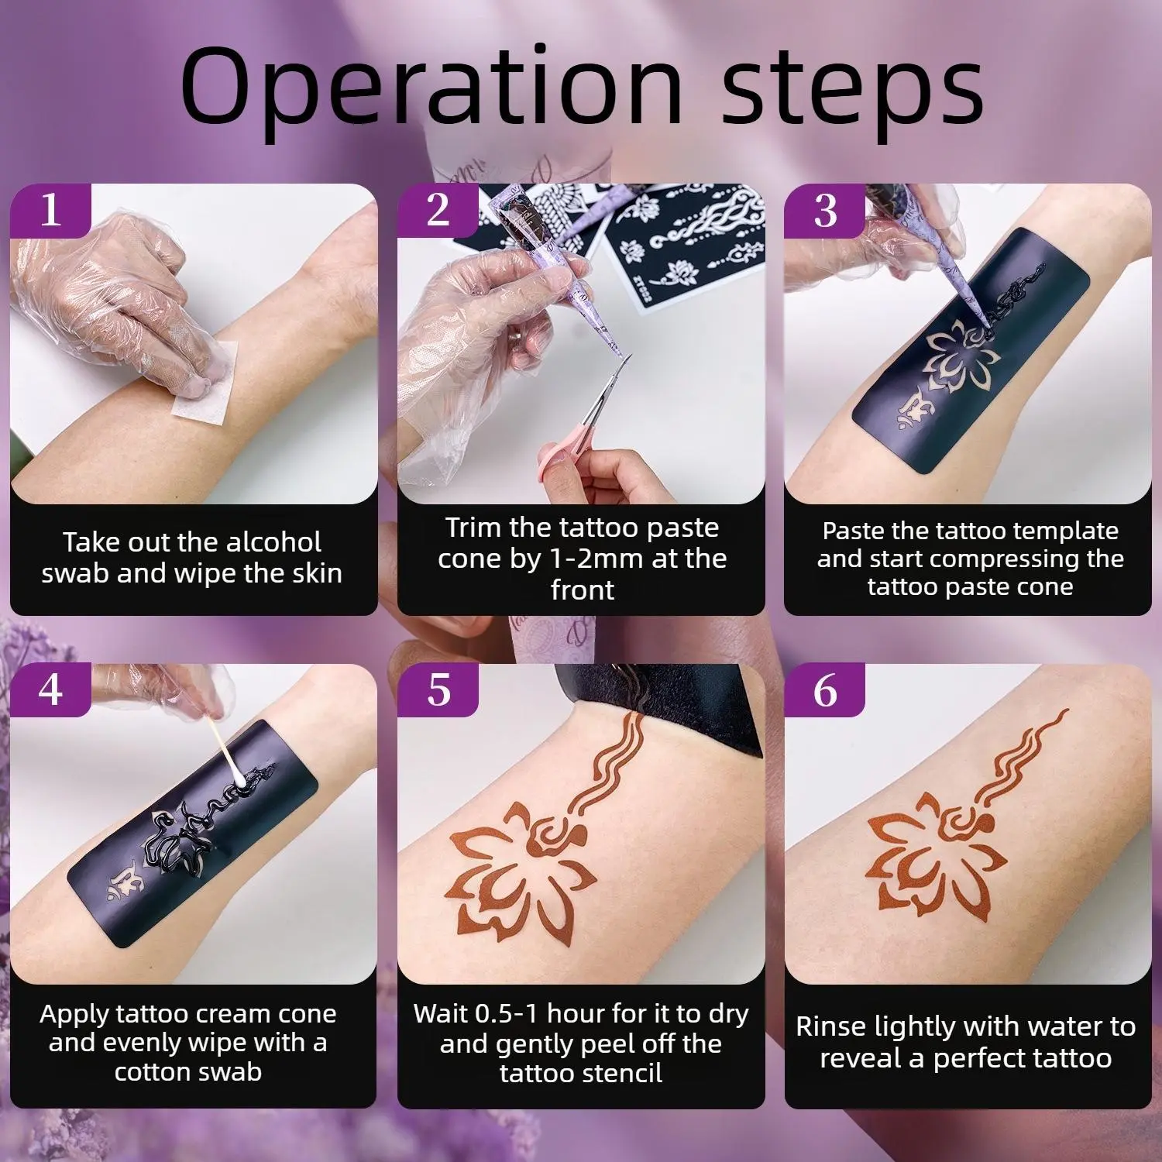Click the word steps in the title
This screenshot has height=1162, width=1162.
pos(853,87)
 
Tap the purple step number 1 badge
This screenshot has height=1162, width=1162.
pos(51,210)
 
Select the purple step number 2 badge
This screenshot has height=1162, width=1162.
pos(438,210)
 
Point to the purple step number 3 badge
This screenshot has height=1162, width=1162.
pos(826,210)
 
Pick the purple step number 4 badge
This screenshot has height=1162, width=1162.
pos(51,689)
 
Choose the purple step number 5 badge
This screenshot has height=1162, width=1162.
pos(438,689)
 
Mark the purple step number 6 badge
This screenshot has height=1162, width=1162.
pos(826,689)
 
